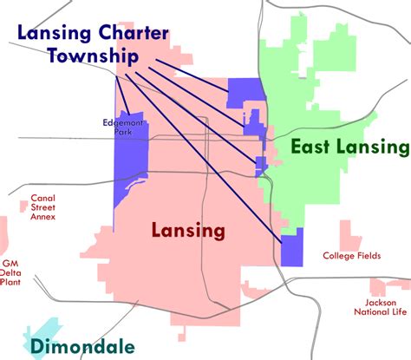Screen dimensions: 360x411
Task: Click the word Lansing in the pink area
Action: pyautogui.click(x=188, y=231)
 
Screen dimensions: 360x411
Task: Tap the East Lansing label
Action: pyautogui.click(x=349, y=147)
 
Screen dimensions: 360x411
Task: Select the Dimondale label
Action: pyautogui.click(x=82, y=348)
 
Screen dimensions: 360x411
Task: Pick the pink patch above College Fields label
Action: pyautogui.click(x=349, y=232)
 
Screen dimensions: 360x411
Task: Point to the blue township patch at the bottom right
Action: pyautogui.click(x=292, y=248)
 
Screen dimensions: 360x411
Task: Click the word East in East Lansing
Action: pyautogui.click(x=309, y=147)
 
